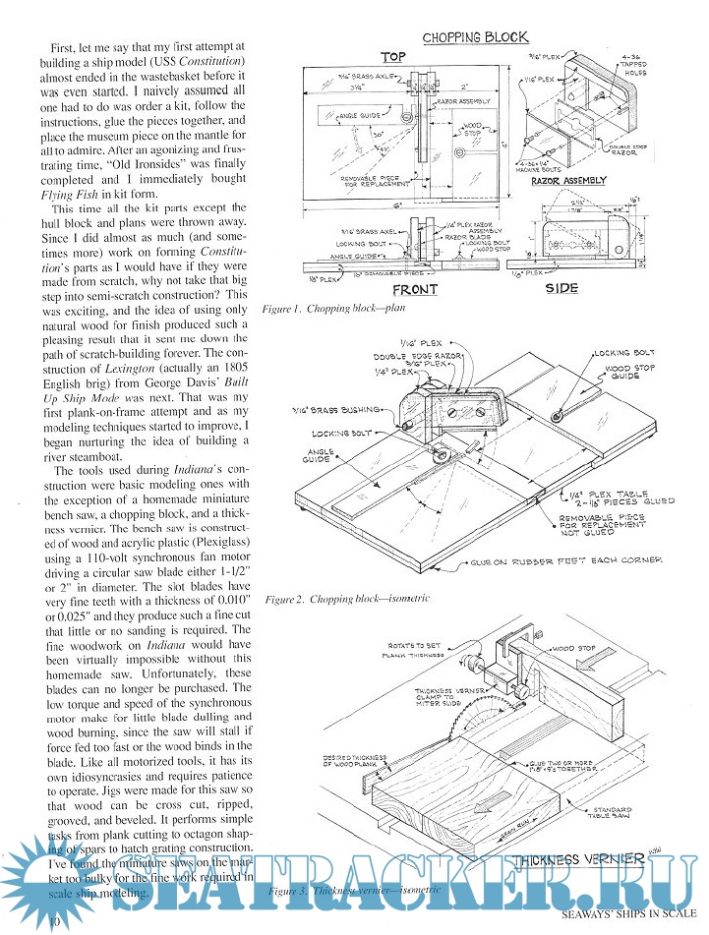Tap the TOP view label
click(x=393, y=57)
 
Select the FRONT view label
click(x=415, y=290)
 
